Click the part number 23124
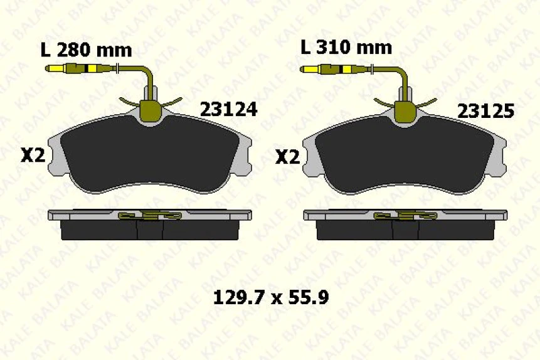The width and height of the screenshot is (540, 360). coord(228,110)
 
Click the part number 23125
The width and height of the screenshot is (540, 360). coord(485,112)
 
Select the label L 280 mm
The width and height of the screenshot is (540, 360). coord(86,50)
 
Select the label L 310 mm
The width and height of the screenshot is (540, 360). coord(346,47)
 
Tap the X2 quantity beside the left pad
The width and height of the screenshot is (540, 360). coord(33,156)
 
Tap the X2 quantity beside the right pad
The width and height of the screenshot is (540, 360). coord(288,156)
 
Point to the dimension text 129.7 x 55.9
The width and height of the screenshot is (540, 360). coord(271,297)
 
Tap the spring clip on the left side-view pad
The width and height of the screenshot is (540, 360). coord(151,216)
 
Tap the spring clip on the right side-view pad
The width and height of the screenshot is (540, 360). coord(406,216)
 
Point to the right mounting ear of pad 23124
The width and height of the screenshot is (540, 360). coord(246,157)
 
